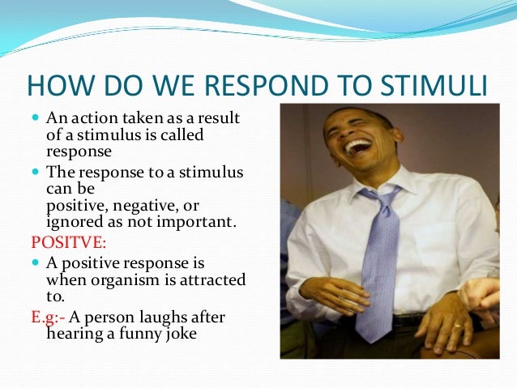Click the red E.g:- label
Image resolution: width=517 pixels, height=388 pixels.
pyautogui.click(x=49, y=317)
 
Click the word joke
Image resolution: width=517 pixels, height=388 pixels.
pyautogui.click(x=180, y=332)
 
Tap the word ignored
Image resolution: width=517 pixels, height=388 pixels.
pyautogui.click(x=73, y=220)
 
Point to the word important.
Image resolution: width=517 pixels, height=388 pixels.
pyautogui.click(x=197, y=220)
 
